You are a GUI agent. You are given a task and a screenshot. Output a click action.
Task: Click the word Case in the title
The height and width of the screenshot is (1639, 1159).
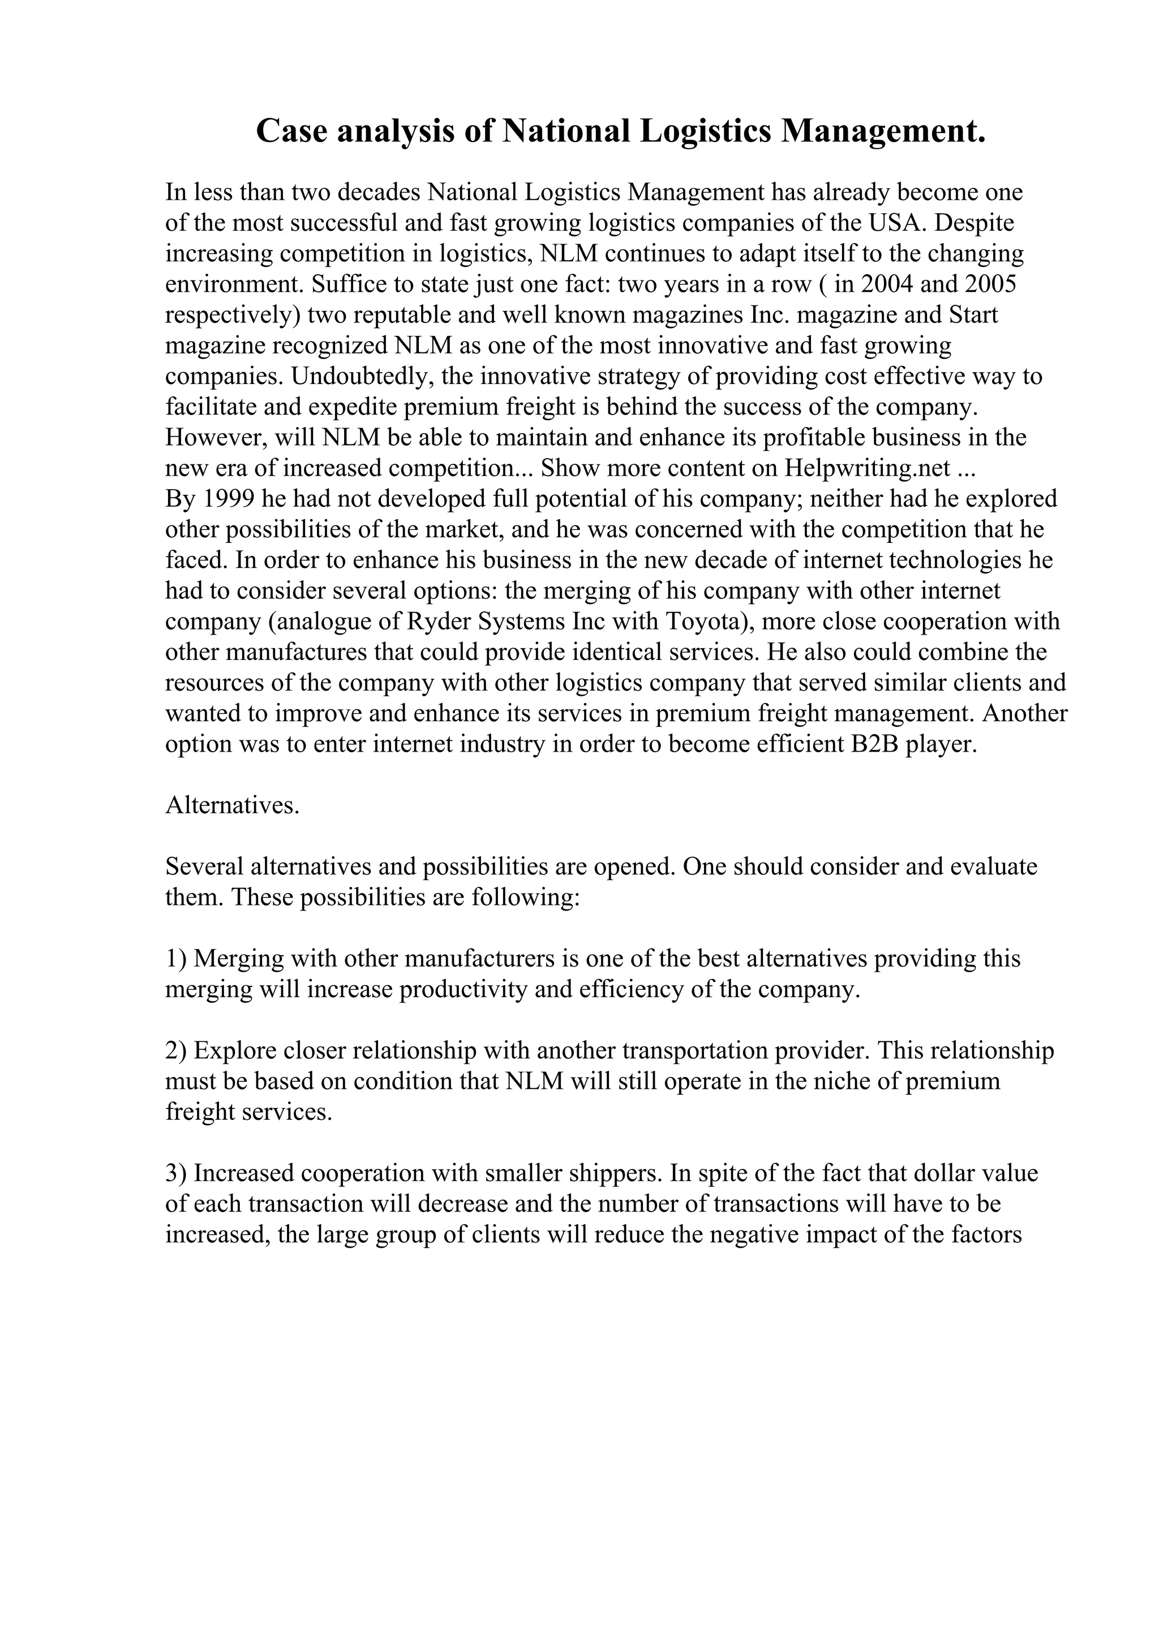290,131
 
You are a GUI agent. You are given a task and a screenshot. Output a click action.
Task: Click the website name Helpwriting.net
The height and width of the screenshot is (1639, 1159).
867,468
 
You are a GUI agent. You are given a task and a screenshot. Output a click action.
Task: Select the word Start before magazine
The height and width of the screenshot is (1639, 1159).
973,315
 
